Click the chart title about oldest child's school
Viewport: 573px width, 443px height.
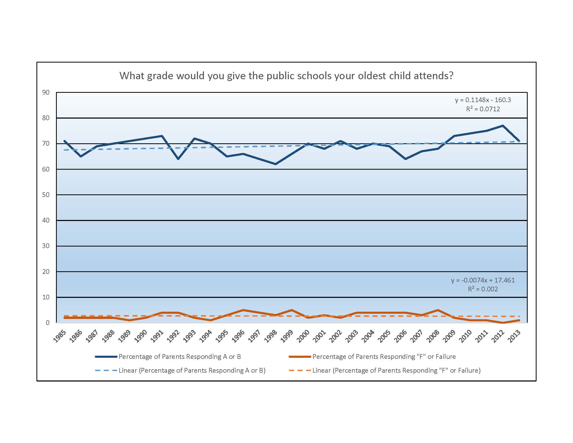point(286,76)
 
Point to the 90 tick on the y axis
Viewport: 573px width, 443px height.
point(46,93)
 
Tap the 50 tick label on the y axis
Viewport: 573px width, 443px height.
point(46,195)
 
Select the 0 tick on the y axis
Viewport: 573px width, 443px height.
point(47,323)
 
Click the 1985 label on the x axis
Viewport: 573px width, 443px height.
point(60,336)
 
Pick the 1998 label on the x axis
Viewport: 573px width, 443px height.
point(271,336)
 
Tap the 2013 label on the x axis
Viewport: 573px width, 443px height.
point(514,336)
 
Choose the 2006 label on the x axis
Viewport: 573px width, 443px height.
point(400,336)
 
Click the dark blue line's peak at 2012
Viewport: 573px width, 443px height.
point(503,126)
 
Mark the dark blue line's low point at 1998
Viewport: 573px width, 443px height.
point(275,164)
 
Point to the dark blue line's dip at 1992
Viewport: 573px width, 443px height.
point(178,159)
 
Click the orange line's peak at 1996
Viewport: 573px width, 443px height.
point(243,310)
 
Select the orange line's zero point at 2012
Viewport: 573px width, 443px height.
point(503,323)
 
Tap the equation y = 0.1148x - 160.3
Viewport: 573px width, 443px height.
point(483,100)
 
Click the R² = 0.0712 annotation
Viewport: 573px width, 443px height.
point(483,109)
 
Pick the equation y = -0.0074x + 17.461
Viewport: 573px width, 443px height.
point(483,280)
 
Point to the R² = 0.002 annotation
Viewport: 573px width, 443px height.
point(483,289)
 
